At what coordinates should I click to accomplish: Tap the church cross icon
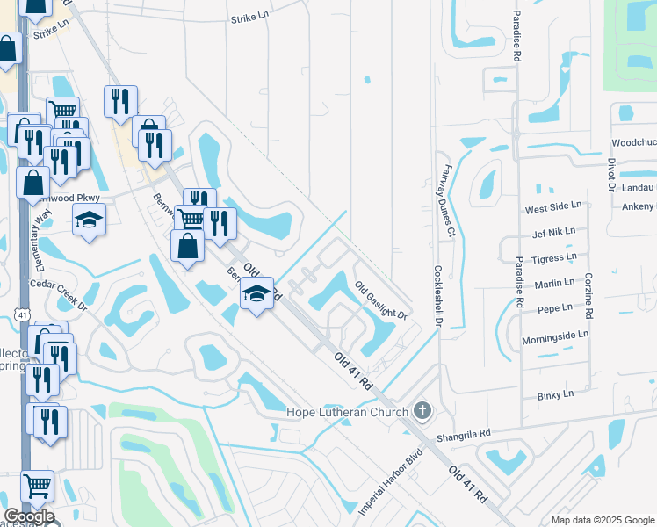click(x=422, y=411)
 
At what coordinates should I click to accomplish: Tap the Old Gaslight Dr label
click(x=382, y=300)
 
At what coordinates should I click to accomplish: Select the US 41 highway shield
click(x=20, y=314)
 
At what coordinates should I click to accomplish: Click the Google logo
click(x=29, y=516)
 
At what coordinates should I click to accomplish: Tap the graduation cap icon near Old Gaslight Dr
click(x=256, y=295)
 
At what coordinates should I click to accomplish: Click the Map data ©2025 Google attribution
click(x=603, y=520)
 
